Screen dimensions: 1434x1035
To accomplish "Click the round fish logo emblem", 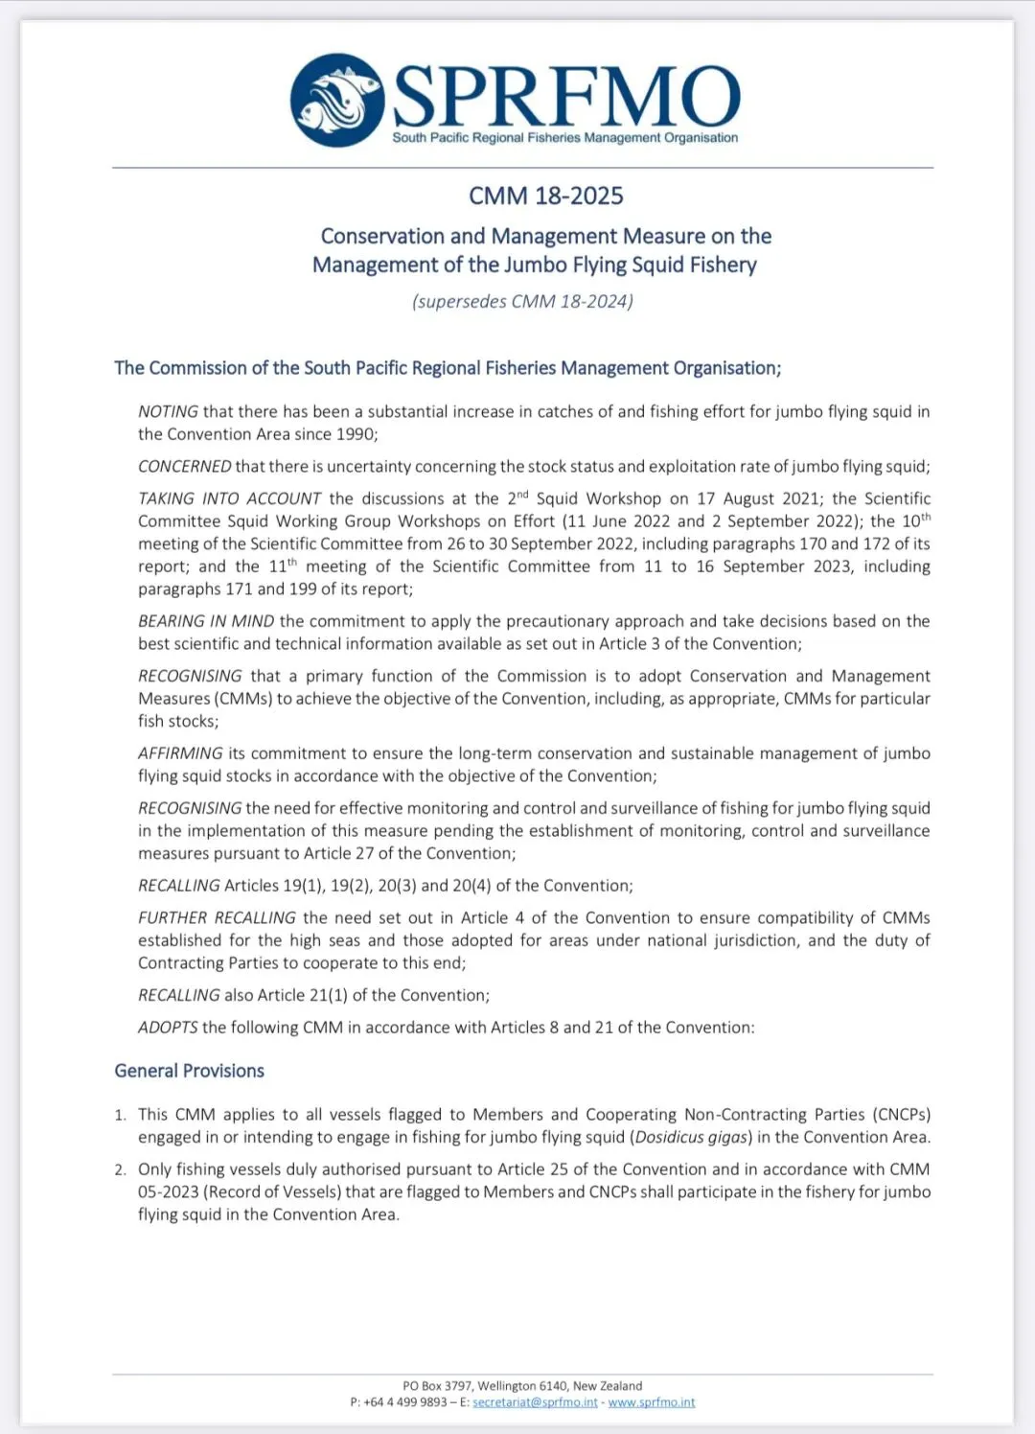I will pos(337,100).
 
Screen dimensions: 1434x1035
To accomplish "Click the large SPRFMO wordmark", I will pos(566,96).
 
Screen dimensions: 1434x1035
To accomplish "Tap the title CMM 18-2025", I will pos(545,196).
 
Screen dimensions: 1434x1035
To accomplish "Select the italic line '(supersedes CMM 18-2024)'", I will pos(522,301).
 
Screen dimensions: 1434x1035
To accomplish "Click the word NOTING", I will pos(168,411).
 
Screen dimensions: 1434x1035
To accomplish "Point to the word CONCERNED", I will pos(184,466).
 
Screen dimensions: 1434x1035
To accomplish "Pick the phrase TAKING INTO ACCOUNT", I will pos(229,498).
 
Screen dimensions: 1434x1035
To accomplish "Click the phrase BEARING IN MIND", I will pos(206,621).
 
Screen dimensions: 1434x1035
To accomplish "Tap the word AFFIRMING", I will pos(180,753).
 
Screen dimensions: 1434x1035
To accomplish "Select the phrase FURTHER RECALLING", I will pos(217,917).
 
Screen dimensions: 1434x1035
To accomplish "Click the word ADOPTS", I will pos(168,1027).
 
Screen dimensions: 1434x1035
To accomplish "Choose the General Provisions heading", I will pos(189,1071).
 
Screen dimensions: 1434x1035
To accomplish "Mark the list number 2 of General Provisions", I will pos(120,1169).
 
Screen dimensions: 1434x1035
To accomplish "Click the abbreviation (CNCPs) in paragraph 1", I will pos(901,1114).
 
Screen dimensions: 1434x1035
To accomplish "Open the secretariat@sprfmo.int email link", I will pos(535,1402).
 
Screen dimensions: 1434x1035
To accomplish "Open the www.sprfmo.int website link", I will pos(652,1402).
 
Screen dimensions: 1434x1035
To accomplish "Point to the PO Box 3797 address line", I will pos(522,1386).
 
